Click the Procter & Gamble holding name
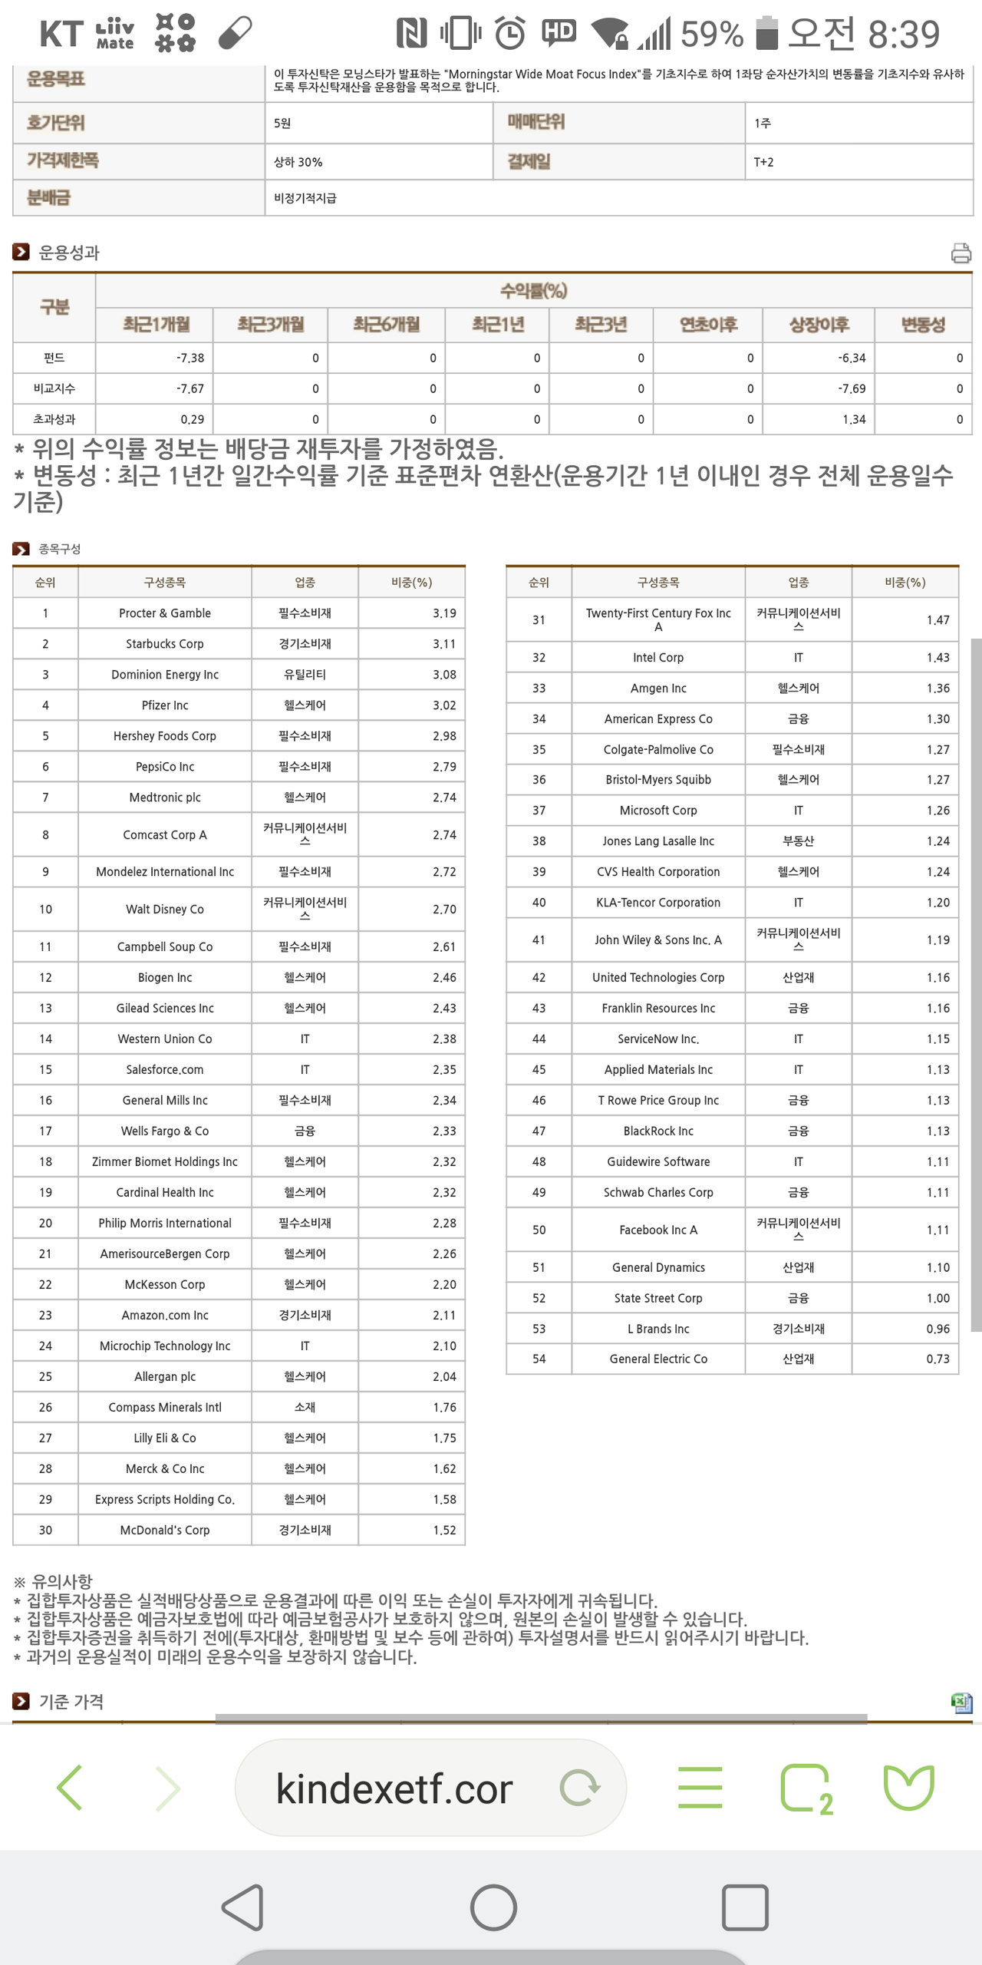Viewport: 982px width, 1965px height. click(x=165, y=613)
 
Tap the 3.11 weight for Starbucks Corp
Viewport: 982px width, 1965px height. click(x=443, y=644)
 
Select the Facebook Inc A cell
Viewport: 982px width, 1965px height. click(x=658, y=1230)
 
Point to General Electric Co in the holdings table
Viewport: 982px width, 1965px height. click(x=658, y=1359)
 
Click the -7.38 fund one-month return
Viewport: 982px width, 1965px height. click(x=189, y=358)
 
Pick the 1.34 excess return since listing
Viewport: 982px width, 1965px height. click(x=853, y=419)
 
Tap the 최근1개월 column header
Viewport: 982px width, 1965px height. click(x=156, y=325)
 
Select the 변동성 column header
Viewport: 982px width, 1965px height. click(x=923, y=325)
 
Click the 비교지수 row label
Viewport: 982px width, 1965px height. click(x=54, y=388)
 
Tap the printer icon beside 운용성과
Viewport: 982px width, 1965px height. click(x=961, y=253)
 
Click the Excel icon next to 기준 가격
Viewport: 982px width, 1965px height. click(x=961, y=1702)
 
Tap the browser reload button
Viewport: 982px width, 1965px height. click(x=580, y=1788)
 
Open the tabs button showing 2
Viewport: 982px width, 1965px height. click(x=806, y=1788)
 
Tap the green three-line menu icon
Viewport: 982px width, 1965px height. click(x=700, y=1788)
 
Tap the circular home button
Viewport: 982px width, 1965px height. click(x=493, y=1907)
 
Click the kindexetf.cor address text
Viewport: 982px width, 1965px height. click(x=394, y=1789)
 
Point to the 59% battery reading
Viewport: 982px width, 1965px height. click(x=711, y=34)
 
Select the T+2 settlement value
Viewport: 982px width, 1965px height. click(x=763, y=162)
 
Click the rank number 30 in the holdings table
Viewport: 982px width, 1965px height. click(x=45, y=1530)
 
